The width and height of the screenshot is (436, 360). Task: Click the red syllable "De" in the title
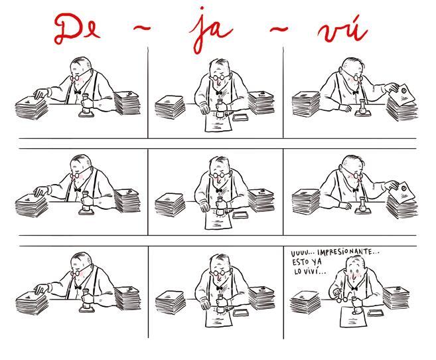coord(77,29)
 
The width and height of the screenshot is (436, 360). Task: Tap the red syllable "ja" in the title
coord(211,31)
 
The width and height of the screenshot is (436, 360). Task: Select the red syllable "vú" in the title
coord(342,29)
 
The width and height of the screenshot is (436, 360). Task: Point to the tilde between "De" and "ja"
coord(141,27)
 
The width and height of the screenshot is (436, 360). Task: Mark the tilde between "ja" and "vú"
coord(279,28)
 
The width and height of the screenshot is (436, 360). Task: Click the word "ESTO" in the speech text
coord(301,262)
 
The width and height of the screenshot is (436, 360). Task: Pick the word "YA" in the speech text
coord(317,262)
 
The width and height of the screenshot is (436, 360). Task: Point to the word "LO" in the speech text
coord(299,271)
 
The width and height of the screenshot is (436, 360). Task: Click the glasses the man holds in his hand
coord(341,298)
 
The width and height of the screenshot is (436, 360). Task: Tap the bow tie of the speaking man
coord(354,288)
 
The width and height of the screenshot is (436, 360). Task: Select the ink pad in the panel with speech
coord(376,312)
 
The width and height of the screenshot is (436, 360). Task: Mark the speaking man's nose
coord(353,277)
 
